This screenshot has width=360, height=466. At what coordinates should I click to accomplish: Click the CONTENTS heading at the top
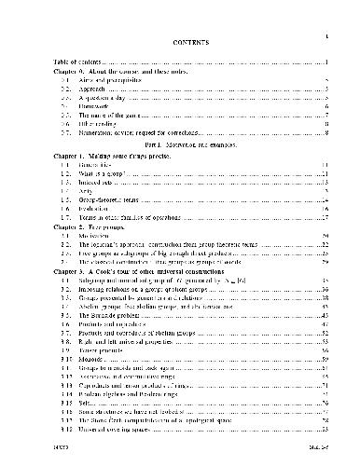point(179,43)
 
